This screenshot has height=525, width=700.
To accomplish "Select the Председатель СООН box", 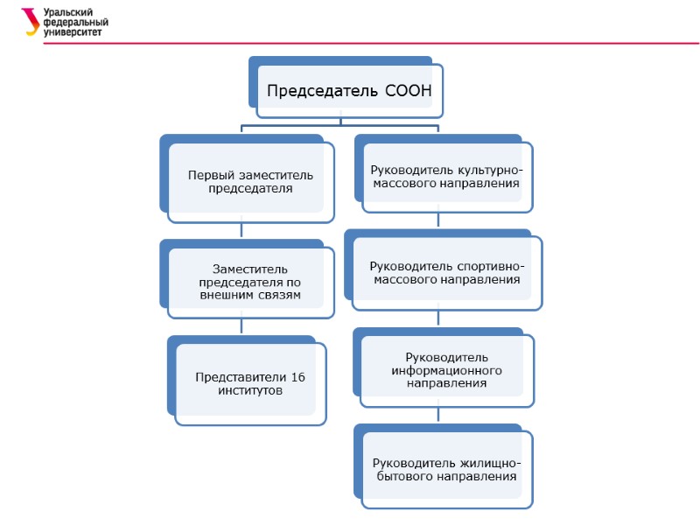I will [x=349, y=90].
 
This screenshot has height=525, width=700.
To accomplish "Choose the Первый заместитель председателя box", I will [x=250, y=182].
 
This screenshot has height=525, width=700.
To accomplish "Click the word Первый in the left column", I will [x=210, y=175].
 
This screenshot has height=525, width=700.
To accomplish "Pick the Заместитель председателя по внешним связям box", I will [x=250, y=282].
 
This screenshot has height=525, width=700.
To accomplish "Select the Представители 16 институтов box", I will [x=250, y=383].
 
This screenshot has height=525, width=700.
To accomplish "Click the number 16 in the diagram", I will [x=297, y=376].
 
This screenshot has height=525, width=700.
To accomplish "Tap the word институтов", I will [x=250, y=390].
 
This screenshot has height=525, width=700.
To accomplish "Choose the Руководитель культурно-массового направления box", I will [x=446, y=176].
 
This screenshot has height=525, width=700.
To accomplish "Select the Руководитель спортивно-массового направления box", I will [x=446, y=272].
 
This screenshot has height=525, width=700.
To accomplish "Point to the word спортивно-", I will [x=491, y=265].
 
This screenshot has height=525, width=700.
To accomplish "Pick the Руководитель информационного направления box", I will [x=446, y=370].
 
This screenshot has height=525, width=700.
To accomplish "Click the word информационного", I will [x=446, y=370].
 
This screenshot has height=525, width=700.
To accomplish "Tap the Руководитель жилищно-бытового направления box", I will [x=446, y=469].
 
